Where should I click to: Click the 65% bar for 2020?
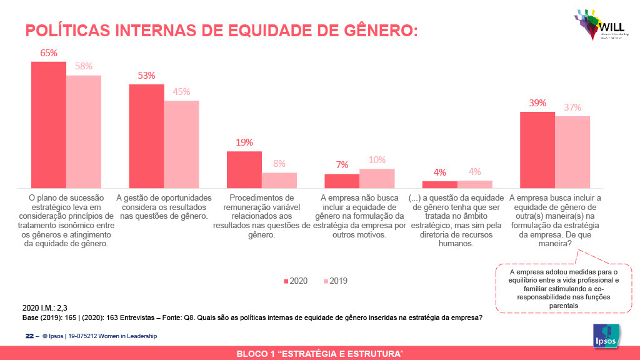point(49,125)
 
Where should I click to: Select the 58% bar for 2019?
point(84,132)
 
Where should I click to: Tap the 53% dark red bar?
point(146,136)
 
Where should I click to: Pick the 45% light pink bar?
point(181,144)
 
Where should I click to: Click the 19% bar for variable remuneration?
point(244,169)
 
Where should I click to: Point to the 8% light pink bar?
point(279,180)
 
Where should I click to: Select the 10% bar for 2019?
point(377,178)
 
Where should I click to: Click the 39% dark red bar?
point(537,150)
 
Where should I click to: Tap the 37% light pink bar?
point(572,152)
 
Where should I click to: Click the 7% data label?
point(342,165)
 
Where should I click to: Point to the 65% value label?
point(49,53)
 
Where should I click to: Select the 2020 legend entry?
point(295,281)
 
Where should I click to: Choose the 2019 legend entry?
point(334,281)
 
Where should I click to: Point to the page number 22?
point(29,336)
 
